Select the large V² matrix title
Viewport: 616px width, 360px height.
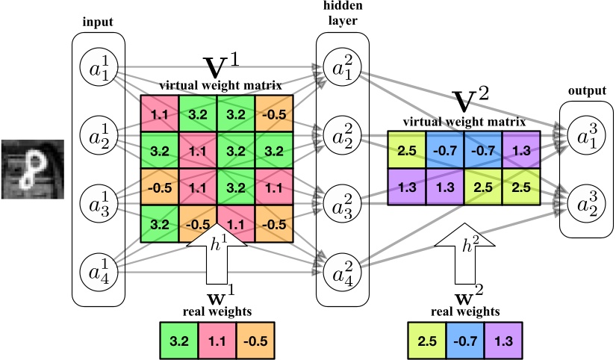[471, 101]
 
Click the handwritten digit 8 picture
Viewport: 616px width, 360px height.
[30, 170]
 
